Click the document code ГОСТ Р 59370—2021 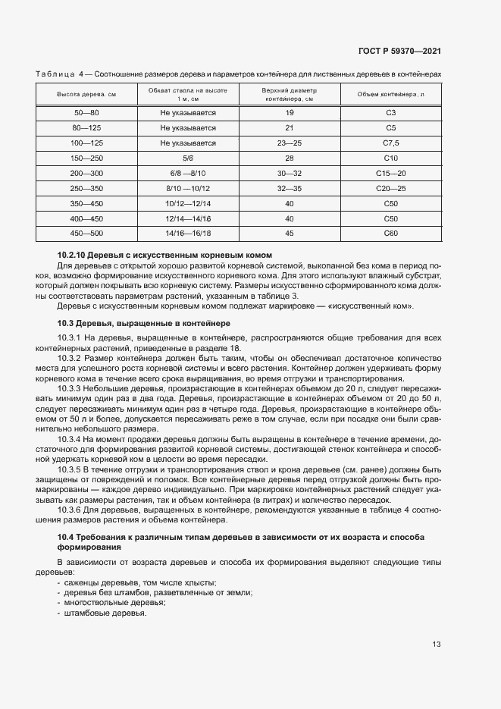point(399,52)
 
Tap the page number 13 point(437,645)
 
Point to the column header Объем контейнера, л point(391,94)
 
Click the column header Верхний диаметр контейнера point(290,94)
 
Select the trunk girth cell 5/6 point(188,158)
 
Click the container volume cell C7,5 point(391,143)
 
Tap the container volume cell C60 point(391,233)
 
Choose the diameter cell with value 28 point(290,158)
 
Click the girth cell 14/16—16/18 point(188,233)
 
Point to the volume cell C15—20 point(391,173)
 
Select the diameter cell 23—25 point(290,143)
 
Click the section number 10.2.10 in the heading point(72,255)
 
